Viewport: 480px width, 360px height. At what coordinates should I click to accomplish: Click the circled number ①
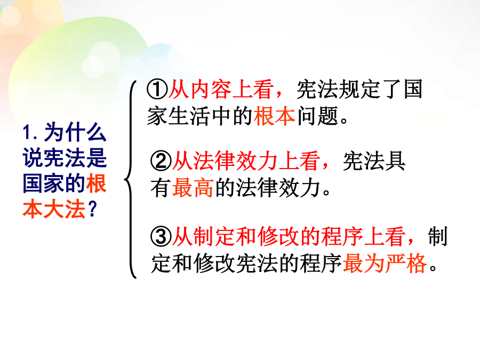click(157, 90)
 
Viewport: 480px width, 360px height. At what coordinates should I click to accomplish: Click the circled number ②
click(161, 161)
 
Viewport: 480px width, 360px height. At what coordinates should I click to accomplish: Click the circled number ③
click(161, 236)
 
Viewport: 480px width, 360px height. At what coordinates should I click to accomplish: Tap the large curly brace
click(131, 179)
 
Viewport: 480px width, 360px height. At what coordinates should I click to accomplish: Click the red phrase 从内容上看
click(221, 90)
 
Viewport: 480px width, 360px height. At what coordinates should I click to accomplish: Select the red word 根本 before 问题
click(275, 116)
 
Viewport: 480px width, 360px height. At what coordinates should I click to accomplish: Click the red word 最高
click(193, 188)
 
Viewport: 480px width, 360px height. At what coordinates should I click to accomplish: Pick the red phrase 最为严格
click(385, 263)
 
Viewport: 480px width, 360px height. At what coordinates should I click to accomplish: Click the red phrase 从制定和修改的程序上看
click(289, 236)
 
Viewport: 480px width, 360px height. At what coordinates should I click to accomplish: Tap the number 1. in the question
click(30, 133)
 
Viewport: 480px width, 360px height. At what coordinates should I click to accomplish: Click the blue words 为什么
click(75, 132)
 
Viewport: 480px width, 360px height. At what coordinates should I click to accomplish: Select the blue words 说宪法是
click(65, 158)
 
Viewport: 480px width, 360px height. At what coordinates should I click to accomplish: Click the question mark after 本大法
click(92, 209)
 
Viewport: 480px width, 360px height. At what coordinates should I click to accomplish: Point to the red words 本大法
click(54, 209)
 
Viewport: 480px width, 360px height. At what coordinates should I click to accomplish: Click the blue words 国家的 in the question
click(54, 183)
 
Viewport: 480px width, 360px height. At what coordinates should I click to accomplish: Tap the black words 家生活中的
click(200, 116)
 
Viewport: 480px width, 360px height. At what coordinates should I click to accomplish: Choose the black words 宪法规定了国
click(359, 90)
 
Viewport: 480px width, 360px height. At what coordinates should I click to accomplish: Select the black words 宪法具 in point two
click(374, 161)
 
